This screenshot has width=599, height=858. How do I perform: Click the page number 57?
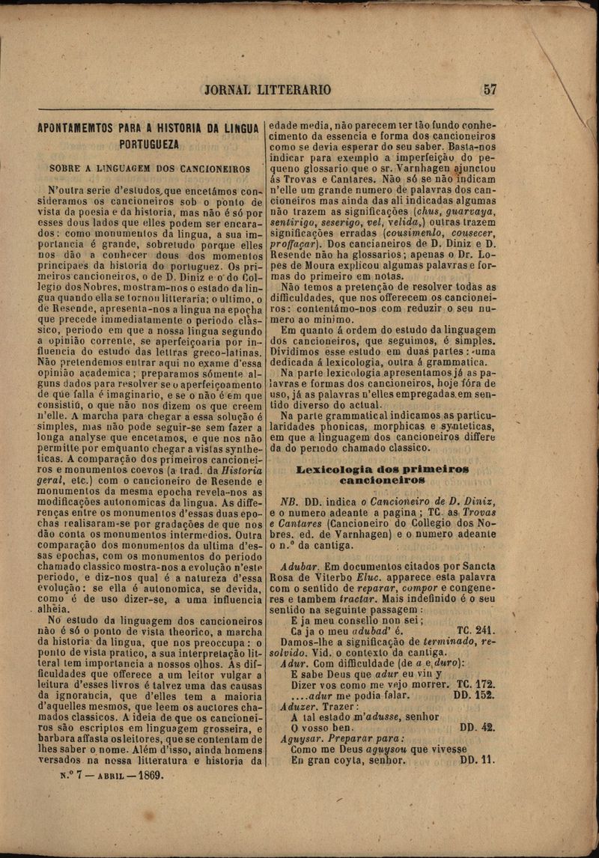[490, 89]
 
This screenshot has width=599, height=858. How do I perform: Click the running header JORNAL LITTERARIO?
[267, 90]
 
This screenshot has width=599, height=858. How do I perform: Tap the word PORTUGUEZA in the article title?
[149, 144]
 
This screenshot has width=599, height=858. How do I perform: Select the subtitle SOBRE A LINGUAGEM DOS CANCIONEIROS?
[150, 168]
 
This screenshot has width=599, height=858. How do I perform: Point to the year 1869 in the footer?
[147, 775]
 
